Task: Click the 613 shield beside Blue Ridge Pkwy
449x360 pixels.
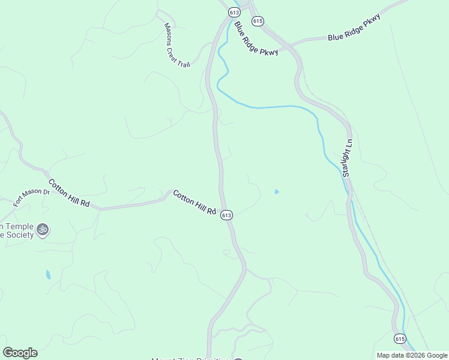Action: tap(234, 13)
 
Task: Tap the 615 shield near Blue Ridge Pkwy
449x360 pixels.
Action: tap(258, 21)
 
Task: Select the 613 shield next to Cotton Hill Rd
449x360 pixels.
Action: tap(226, 215)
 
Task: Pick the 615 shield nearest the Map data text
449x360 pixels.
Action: tap(400, 339)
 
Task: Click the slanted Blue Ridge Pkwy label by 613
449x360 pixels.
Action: tap(256, 39)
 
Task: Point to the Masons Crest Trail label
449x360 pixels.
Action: tap(176, 45)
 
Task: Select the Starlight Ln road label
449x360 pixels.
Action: tap(347, 158)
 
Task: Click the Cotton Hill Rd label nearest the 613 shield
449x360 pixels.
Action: tap(194, 203)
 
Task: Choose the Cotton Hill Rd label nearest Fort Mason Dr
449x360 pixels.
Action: tap(69, 194)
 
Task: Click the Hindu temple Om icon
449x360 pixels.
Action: tap(43, 229)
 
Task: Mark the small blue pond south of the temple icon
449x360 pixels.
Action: tap(48, 275)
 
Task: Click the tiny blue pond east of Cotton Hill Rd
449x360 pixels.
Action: tap(276, 192)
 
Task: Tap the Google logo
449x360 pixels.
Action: tap(20, 353)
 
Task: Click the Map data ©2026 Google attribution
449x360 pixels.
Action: tap(412, 355)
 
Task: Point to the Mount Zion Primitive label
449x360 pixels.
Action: tap(190, 358)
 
